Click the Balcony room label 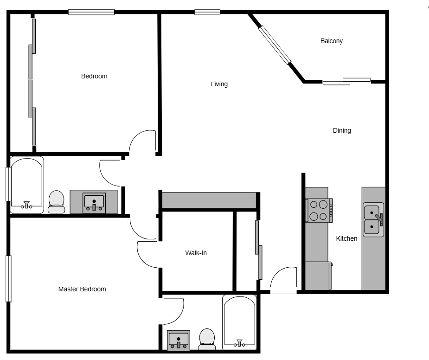coord(331,41)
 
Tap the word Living coord(219,84)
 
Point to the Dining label coord(342,130)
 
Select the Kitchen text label coord(346,238)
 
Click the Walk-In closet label coord(196,253)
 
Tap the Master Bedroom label coord(82,289)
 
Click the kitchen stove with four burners coord(319,211)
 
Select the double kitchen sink coord(373,219)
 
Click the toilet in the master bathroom coord(207,339)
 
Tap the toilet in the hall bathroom coord(57,202)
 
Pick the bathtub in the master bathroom coord(239,322)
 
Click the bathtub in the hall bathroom coord(27,185)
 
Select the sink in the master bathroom coord(179,341)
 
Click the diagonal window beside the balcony coord(275,45)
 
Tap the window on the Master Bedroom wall coord(8,279)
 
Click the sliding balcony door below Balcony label coord(346,82)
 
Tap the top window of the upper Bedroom coord(91,12)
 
